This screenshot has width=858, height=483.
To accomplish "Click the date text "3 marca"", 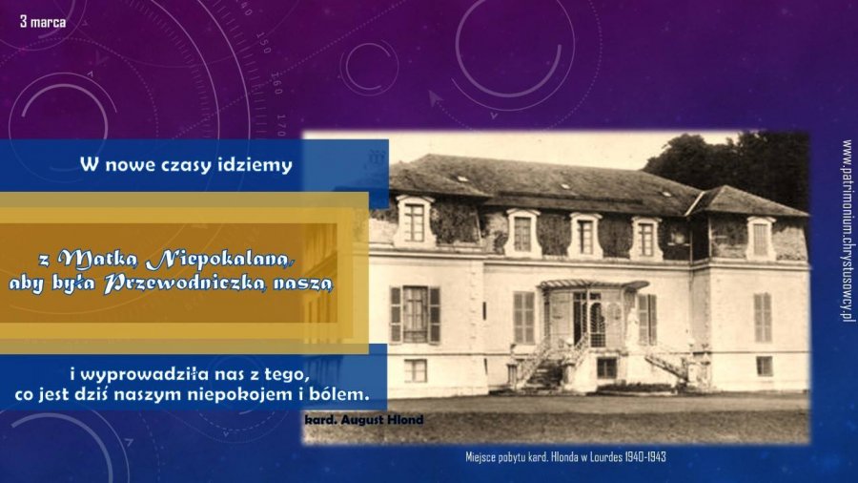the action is pos(43,22).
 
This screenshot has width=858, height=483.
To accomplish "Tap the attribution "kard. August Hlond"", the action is pos(364,420).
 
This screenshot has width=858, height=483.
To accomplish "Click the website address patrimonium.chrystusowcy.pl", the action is pos(848,231).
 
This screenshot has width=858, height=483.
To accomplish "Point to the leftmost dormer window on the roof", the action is pos(415,220).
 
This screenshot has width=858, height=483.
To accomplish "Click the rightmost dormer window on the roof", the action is pos(761,238).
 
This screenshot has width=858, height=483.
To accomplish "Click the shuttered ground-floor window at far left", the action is pos(416,314).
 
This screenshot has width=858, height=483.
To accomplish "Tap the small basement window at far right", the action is pos(765,366).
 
